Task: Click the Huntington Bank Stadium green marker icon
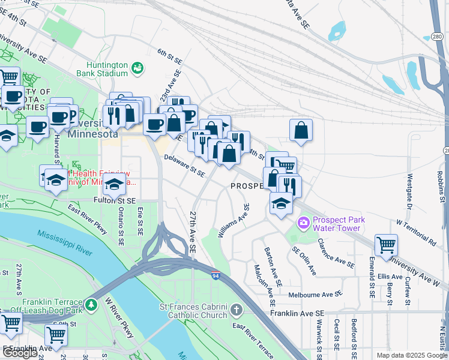click(x=138, y=68)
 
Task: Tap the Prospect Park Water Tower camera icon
click(x=304, y=223)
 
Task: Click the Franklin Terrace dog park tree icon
click(x=91, y=305)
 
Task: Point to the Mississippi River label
click(x=65, y=242)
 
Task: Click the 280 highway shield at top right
click(x=437, y=37)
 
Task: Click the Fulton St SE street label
click(x=115, y=200)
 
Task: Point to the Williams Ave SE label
click(x=234, y=220)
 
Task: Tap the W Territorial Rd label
click(x=416, y=233)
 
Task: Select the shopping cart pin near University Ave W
click(x=386, y=244)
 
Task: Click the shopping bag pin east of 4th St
click(x=301, y=130)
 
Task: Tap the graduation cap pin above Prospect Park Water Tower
click(x=280, y=203)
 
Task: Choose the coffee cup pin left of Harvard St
click(x=38, y=127)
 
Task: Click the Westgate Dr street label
click(x=410, y=191)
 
